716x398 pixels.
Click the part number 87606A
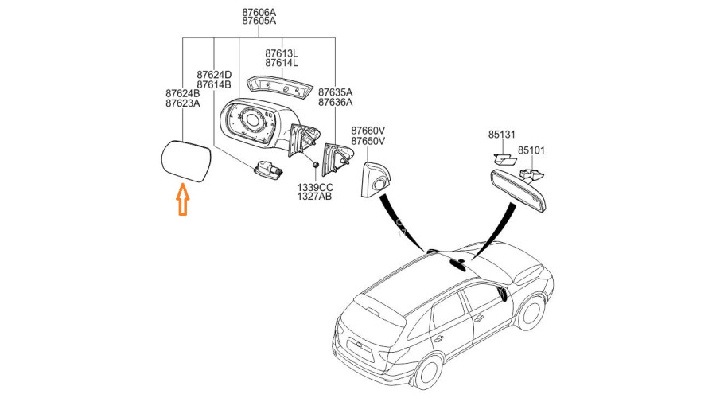click(x=259, y=11)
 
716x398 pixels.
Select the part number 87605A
click(x=259, y=21)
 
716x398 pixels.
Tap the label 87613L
click(x=282, y=53)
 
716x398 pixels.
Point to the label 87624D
click(x=214, y=75)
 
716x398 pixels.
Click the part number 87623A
click(x=183, y=103)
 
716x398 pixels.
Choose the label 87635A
click(x=335, y=92)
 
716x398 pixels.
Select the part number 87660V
click(x=368, y=131)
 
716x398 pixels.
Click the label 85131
click(x=502, y=135)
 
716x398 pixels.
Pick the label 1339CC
click(x=314, y=186)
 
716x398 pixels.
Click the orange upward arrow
click(x=182, y=198)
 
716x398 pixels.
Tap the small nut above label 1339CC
click(x=315, y=166)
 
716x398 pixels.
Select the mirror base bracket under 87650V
click(x=374, y=180)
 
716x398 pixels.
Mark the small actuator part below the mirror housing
click(x=267, y=169)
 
